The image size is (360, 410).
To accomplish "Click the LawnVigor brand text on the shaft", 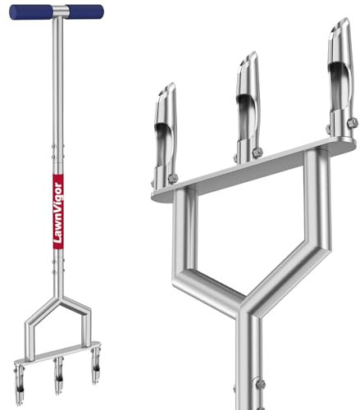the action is (58, 213).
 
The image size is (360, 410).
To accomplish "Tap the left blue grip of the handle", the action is (31, 12).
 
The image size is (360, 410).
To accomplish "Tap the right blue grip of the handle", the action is (86, 11).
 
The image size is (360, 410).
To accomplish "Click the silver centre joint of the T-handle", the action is (61, 11).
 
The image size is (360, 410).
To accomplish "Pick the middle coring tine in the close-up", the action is (248, 108).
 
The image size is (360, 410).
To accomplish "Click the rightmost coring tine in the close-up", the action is (342, 80).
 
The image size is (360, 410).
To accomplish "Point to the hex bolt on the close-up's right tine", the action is (353, 123).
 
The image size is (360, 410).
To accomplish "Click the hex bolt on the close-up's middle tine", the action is (257, 153).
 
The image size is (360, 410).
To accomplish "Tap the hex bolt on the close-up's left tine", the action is (173, 179).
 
